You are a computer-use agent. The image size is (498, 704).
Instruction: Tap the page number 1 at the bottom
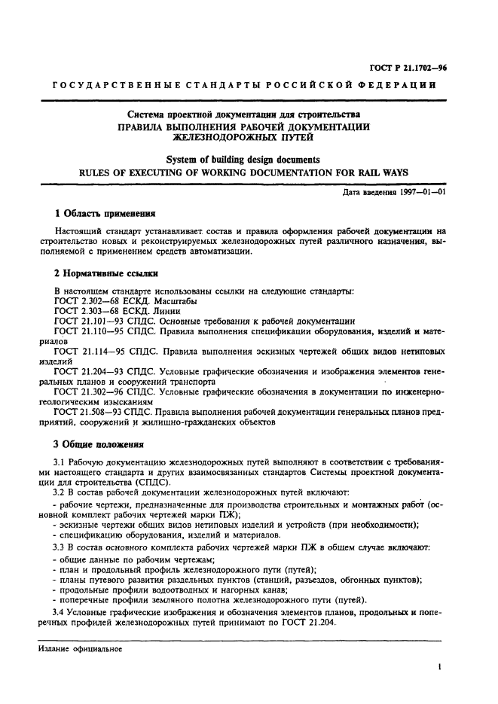click(x=438, y=666)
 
